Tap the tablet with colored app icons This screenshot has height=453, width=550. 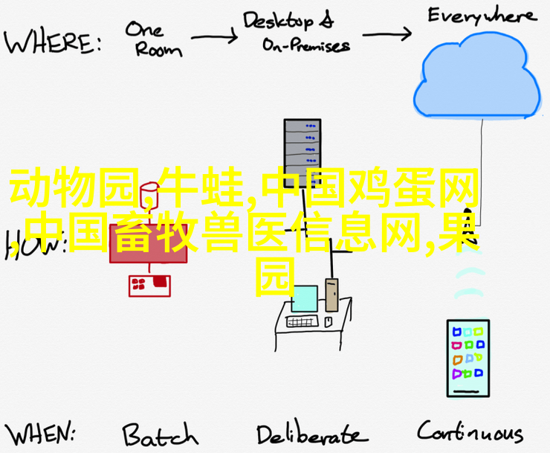pos(467,358)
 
